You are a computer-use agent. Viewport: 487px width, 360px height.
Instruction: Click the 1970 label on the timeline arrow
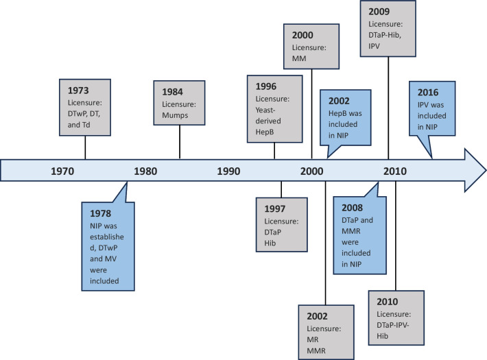[x=62, y=171]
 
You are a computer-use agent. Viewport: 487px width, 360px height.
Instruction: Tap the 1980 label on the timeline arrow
[x=145, y=171]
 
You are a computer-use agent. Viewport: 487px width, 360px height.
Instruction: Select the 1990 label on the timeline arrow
[x=228, y=171]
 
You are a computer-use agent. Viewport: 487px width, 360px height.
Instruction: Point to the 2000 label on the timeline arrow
[x=312, y=171]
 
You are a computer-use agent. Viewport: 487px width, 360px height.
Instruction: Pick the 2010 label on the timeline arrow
[x=395, y=171]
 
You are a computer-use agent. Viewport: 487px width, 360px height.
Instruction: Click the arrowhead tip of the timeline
[x=486, y=170]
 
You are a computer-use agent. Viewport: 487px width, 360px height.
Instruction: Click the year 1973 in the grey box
[x=78, y=91]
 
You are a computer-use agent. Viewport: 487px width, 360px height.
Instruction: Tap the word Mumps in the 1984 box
[x=175, y=115]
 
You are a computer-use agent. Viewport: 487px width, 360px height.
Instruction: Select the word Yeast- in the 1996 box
[x=265, y=110]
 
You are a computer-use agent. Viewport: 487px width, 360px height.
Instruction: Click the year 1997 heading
[x=275, y=208]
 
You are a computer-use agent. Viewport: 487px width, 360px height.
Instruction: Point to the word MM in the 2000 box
[x=299, y=58]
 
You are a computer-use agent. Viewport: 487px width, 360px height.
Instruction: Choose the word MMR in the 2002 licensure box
[x=316, y=350]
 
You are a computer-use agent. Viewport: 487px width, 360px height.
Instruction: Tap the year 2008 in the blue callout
[x=352, y=208]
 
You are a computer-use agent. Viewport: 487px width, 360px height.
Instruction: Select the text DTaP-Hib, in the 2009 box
[x=385, y=35]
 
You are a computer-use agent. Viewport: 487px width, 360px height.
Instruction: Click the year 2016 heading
[x=428, y=93]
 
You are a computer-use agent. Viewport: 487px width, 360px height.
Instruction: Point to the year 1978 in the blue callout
[x=101, y=213]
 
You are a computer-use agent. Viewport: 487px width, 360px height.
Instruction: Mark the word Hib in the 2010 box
[x=382, y=336]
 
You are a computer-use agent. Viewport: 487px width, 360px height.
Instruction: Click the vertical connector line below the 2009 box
[x=388, y=108]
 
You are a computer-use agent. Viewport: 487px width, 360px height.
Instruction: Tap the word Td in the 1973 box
[x=86, y=125]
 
